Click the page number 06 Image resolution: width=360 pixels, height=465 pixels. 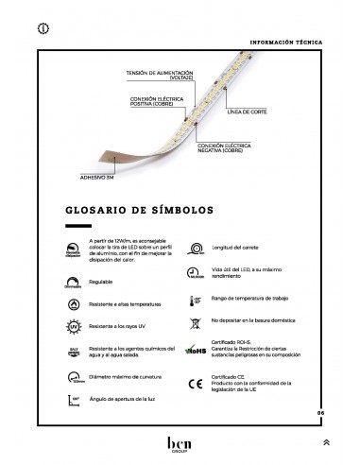click(320, 412)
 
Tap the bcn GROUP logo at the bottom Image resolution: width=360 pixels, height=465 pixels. click(180, 444)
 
